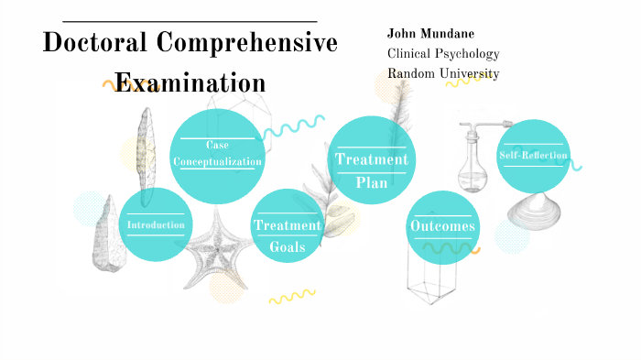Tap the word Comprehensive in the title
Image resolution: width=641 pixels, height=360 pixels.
[x=247, y=43]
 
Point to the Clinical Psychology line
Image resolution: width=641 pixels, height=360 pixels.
[x=443, y=53]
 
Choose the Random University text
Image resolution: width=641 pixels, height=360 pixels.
[x=443, y=73]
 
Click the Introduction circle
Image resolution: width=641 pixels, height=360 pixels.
[x=156, y=224]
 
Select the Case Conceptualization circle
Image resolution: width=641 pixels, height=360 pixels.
[x=218, y=154]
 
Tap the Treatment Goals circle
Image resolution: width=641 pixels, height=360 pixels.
[x=288, y=226]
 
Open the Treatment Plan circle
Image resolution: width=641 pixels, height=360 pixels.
[x=371, y=159]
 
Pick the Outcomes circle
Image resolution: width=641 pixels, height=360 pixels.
[x=442, y=226]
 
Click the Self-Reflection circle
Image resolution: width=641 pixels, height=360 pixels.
[x=533, y=156]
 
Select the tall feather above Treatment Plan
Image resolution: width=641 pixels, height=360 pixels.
[x=396, y=105]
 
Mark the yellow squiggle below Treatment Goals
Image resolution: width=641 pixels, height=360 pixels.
[x=291, y=296]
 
